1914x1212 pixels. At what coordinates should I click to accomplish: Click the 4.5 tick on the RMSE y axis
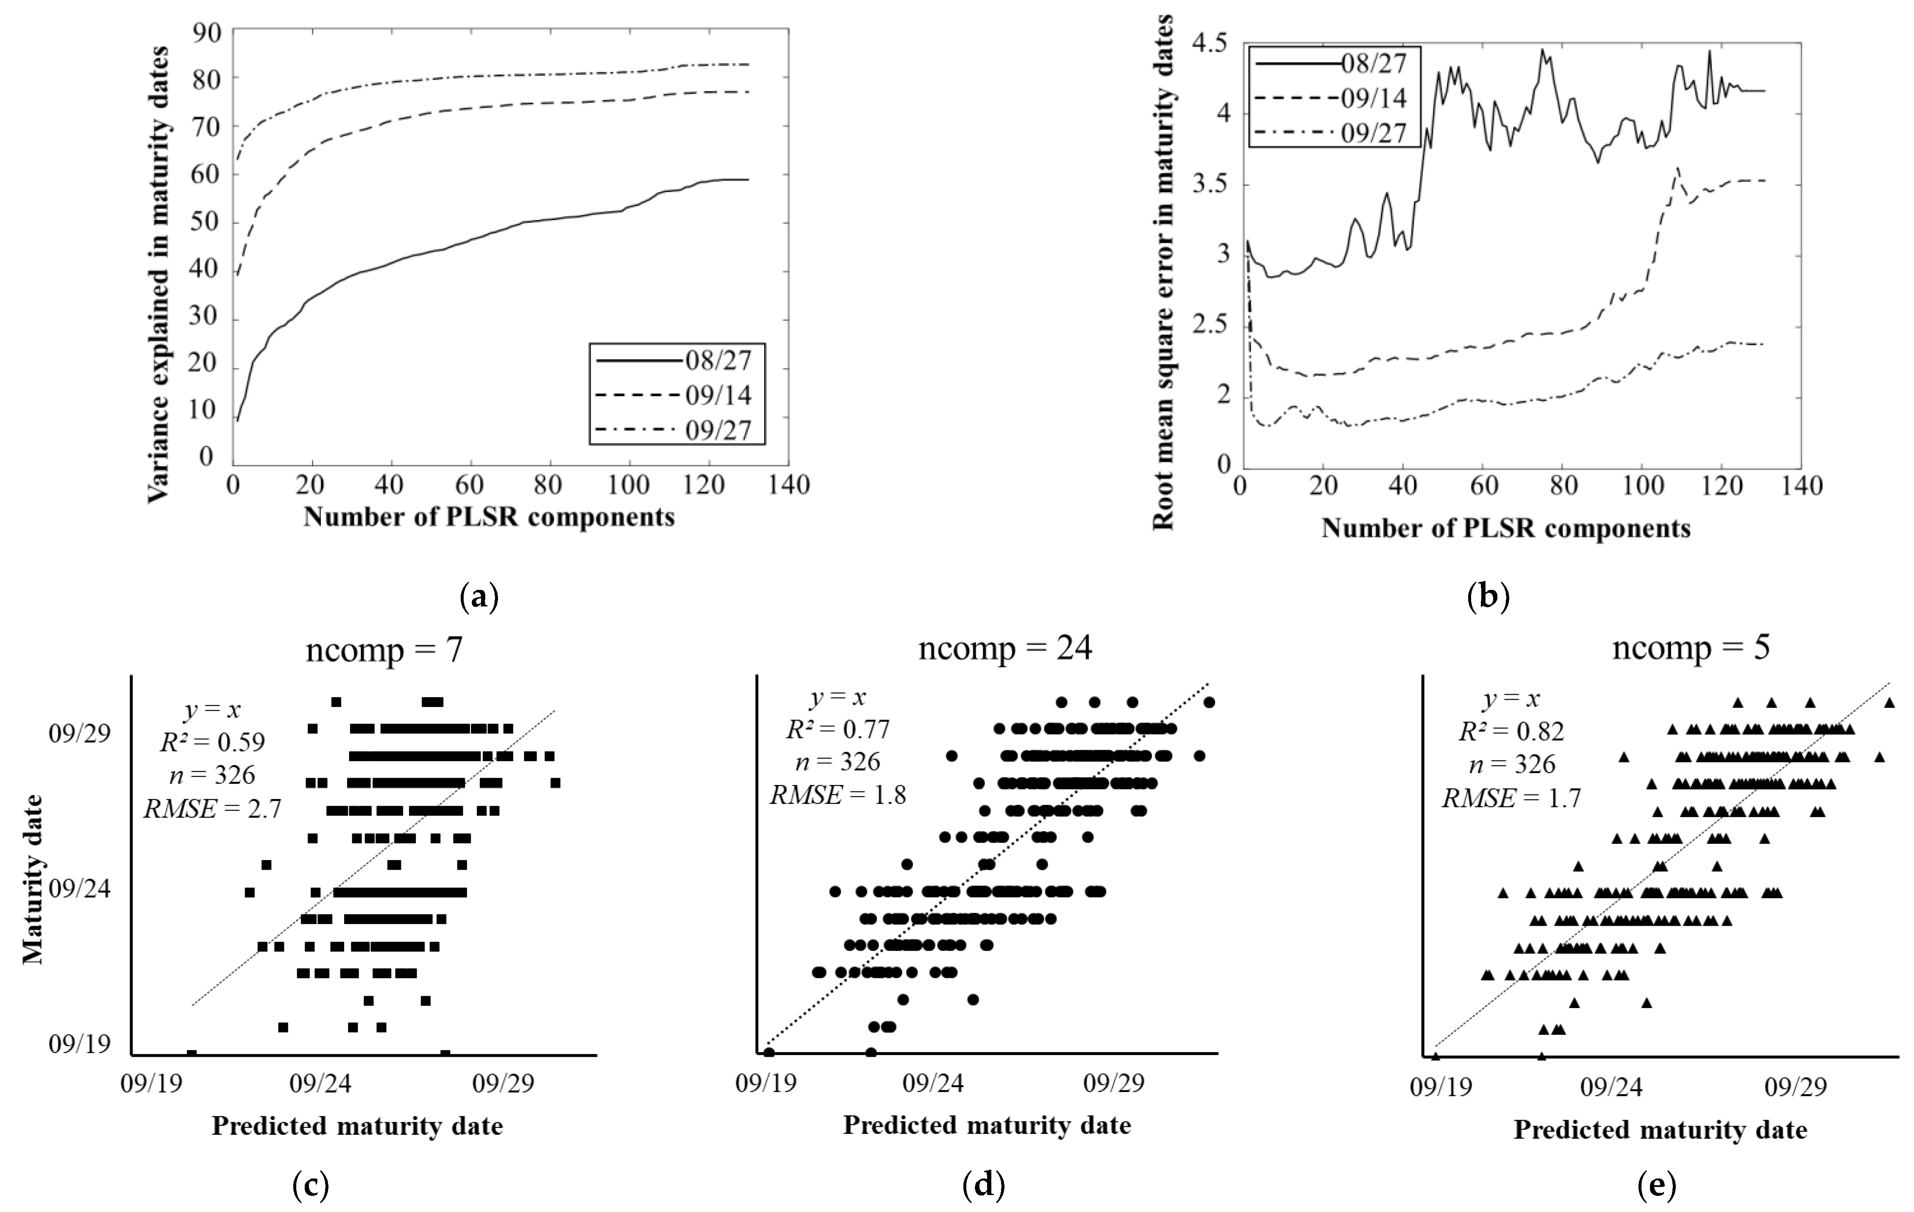click(x=1210, y=43)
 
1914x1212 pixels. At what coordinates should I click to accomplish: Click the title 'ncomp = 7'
click(x=384, y=650)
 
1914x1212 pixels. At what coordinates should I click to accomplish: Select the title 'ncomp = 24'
click(x=1005, y=648)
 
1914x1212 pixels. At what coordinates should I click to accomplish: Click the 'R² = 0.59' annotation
click(x=212, y=742)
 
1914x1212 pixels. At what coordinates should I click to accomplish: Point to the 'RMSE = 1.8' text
click(x=838, y=794)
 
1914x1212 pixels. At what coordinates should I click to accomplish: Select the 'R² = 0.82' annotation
click(x=1511, y=731)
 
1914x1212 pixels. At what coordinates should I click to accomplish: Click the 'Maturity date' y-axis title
click(x=33, y=879)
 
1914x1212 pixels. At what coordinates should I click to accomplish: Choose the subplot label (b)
click(x=1487, y=596)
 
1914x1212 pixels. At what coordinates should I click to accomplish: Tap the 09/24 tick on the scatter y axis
click(x=80, y=888)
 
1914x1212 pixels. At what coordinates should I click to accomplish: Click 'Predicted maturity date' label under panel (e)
click(x=1660, y=1129)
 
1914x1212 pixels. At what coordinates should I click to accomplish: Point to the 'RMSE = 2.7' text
click(x=212, y=809)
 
